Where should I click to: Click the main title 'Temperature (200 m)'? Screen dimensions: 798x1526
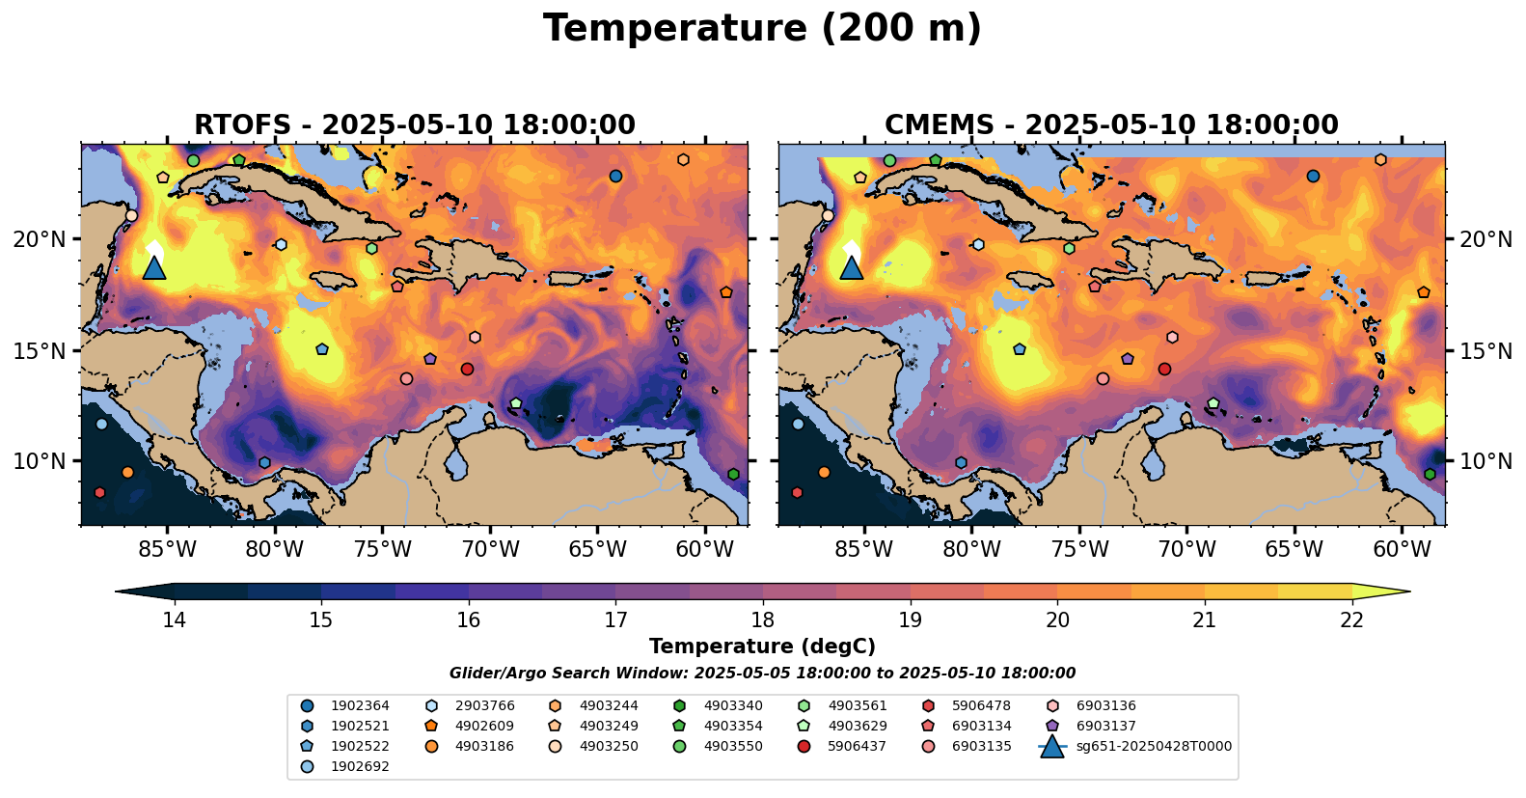762,29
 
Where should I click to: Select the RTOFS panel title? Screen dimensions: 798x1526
415,125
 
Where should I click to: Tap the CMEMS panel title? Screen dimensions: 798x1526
1111,125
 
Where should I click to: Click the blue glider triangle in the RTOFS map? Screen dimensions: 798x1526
154,267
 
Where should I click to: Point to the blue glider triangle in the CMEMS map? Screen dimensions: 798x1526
851,267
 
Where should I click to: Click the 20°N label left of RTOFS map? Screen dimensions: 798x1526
40,239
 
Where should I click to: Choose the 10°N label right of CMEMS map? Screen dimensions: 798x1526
1485,461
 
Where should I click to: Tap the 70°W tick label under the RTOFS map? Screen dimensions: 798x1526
490,550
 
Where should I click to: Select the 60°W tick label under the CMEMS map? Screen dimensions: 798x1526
1402,550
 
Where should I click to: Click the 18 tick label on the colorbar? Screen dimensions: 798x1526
762,619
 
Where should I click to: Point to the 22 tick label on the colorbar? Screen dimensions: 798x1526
1351,619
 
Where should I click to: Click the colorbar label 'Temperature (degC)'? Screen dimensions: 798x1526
762,647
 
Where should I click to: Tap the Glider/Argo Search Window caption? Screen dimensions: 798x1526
762,674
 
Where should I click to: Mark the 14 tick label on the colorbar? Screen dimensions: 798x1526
174,619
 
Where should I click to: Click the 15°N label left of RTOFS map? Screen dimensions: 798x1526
40,350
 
